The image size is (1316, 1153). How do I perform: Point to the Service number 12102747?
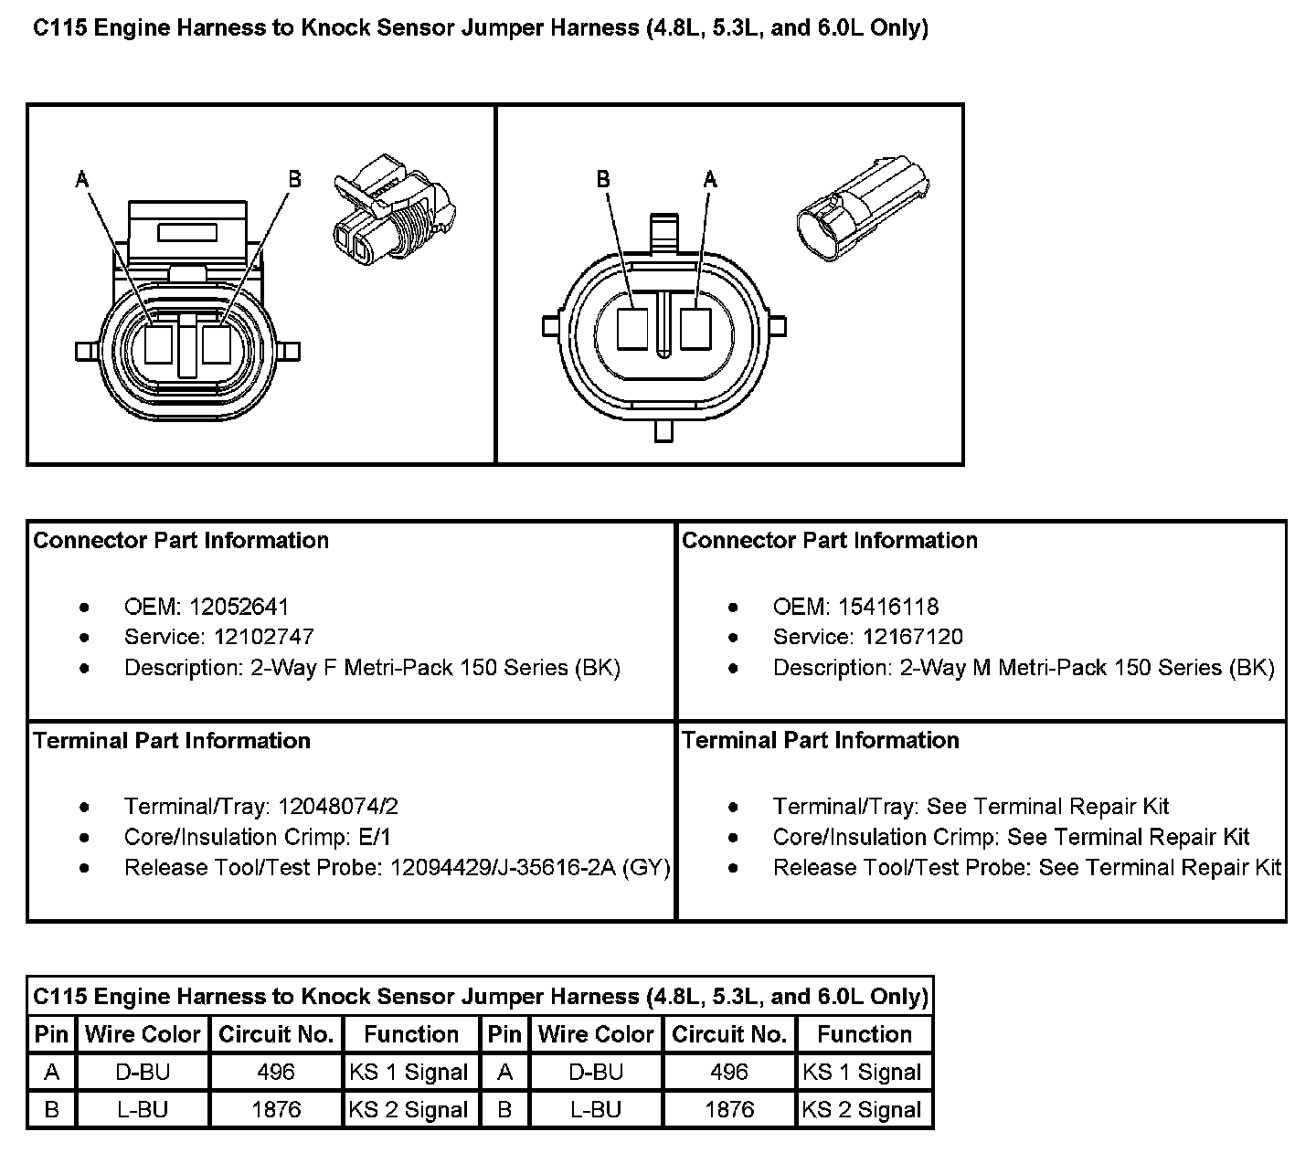263,637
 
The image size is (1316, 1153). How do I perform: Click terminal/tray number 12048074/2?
338,807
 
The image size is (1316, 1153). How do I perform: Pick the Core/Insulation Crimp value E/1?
375,837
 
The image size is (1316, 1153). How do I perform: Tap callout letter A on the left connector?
82,180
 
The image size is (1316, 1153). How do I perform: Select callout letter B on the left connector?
294,178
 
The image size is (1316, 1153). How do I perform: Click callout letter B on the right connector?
603,179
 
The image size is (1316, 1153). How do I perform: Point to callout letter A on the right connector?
710,179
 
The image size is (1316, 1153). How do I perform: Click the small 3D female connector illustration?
394,211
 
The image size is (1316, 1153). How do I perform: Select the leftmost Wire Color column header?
143,1034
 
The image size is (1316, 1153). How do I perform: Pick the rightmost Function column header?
865,1034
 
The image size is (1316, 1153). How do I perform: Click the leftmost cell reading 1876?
276,1110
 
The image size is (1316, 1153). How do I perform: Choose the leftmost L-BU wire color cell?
143,1110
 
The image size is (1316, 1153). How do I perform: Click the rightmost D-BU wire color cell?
596,1073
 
